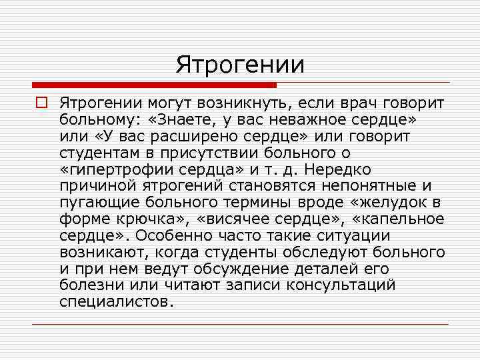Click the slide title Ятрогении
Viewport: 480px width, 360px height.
(x=240, y=65)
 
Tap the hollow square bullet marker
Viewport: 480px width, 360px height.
(x=41, y=103)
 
